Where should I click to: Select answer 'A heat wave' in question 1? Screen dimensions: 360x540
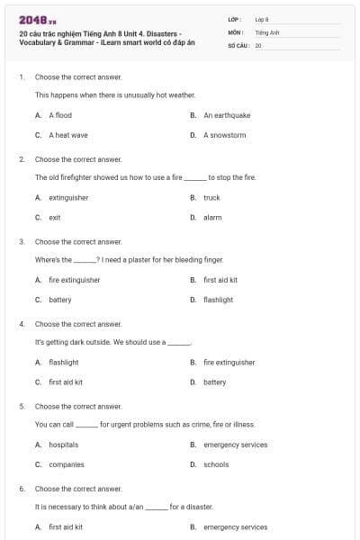point(68,135)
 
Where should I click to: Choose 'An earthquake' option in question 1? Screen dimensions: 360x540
point(227,115)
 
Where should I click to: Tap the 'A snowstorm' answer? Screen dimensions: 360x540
point(224,135)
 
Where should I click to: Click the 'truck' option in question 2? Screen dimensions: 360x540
point(211,197)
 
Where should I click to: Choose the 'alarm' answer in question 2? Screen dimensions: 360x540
point(212,217)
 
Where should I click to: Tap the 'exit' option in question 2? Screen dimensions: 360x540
point(55,217)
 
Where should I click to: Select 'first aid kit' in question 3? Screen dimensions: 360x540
point(220,280)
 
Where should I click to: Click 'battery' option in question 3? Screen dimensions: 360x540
point(60,300)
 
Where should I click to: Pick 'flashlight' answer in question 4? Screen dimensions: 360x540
point(64,362)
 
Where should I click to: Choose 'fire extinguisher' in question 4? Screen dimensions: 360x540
point(229,362)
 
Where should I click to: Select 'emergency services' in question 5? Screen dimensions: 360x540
point(235,445)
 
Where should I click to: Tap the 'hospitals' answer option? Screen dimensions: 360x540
point(64,445)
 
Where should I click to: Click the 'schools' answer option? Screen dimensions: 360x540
point(216,464)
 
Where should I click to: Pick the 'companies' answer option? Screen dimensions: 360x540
point(67,464)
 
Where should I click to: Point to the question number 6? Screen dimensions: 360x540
point(22,489)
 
